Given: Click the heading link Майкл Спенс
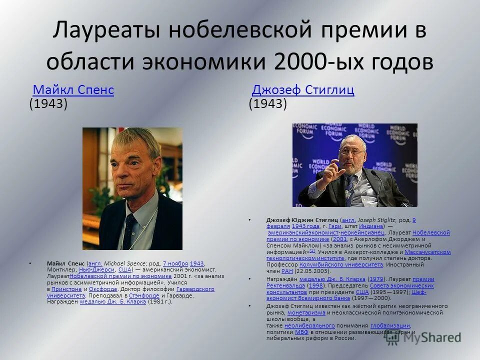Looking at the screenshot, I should pos(73,90).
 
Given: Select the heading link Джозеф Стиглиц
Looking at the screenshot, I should pos(303,90).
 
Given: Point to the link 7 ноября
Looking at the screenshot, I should pos(175,263).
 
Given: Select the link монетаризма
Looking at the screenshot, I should pos(306,312).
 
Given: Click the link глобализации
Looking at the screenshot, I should pos(390,325).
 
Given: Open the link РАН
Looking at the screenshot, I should pos(287,271).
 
